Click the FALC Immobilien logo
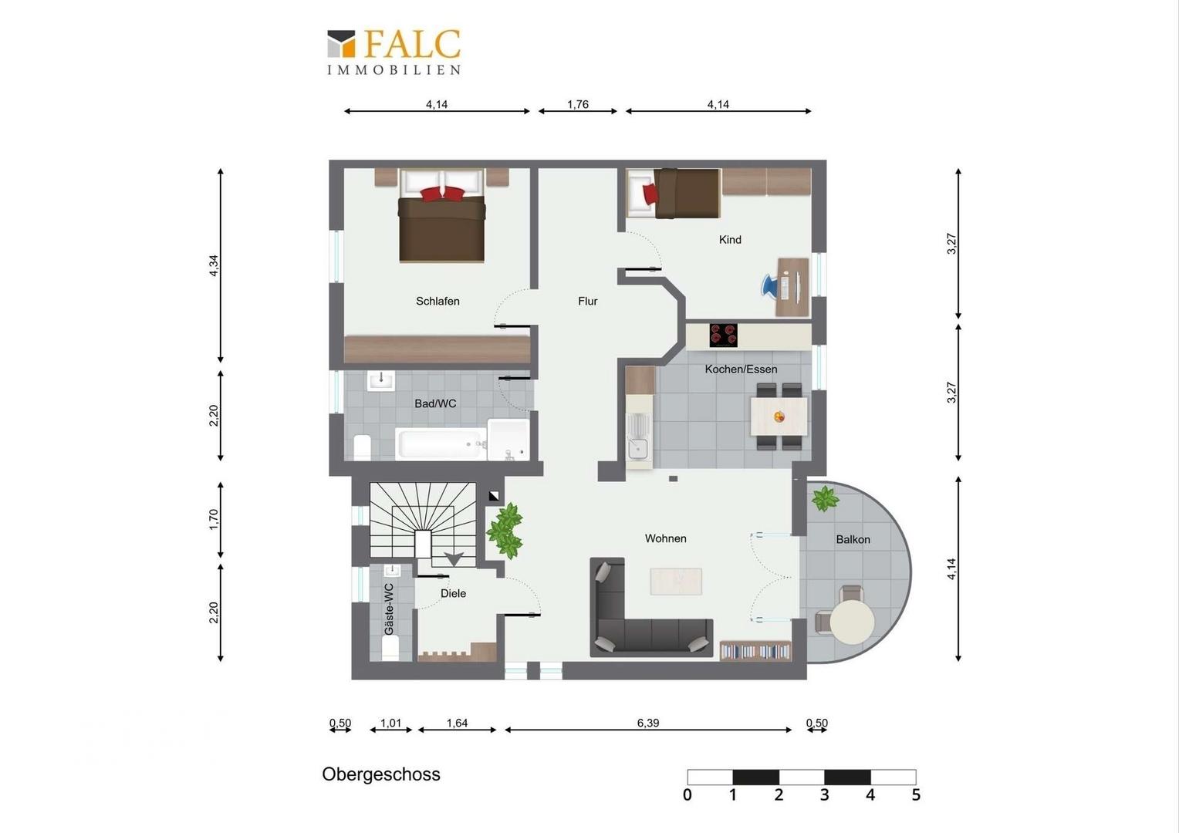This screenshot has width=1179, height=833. (x=394, y=52)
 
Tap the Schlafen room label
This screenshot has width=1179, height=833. (x=437, y=301)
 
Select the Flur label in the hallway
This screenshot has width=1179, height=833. (x=587, y=301)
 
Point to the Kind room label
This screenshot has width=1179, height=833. (x=730, y=239)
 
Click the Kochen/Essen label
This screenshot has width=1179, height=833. (x=741, y=369)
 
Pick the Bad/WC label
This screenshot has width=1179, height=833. (x=435, y=403)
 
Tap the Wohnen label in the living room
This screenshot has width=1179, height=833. (x=665, y=538)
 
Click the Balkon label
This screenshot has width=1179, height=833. (x=853, y=539)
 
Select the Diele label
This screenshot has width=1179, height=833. (x=453, y=593)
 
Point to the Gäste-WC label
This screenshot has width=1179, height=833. (x=389, y=609)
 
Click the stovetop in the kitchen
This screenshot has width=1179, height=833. (x=723, y=336)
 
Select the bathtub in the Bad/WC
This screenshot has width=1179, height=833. (x=441, y=443)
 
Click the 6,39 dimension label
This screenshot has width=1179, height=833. (x=648, y=723)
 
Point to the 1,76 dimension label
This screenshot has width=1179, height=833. (x=577, y=104)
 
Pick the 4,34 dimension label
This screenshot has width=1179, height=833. (x=213, y=265)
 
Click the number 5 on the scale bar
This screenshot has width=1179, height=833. (x=916, y=795)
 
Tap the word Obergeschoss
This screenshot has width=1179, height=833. (x=381, y=774)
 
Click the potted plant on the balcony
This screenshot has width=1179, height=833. (x=824, y=498)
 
